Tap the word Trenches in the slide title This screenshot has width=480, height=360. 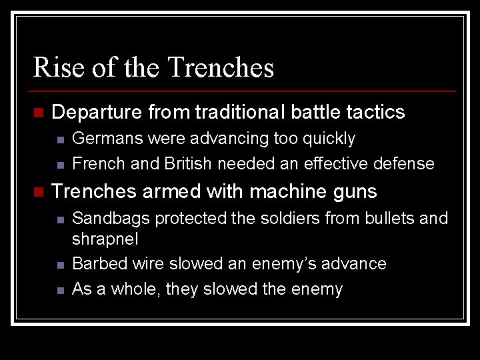click(x=221, y=68)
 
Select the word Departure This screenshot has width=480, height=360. click(x=97, y=112)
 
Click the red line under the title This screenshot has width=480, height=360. click(x=244, y=91)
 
